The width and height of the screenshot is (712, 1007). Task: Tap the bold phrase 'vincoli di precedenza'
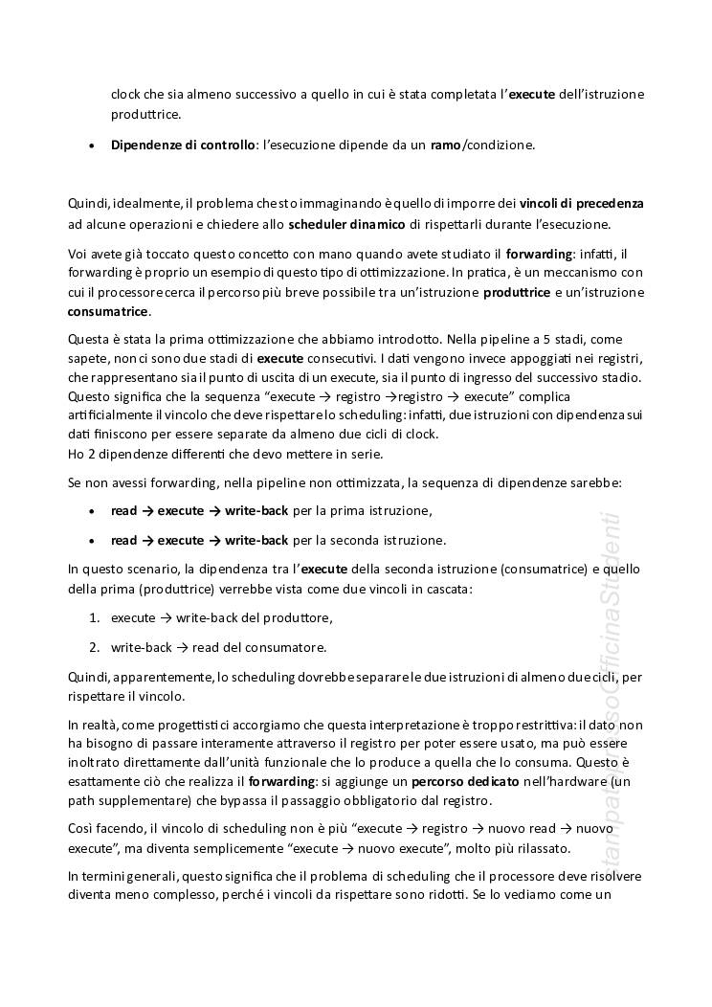(582, 204)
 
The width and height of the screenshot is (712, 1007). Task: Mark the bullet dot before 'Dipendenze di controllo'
(91, 145)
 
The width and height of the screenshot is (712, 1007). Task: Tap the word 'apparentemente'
(158, 677)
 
